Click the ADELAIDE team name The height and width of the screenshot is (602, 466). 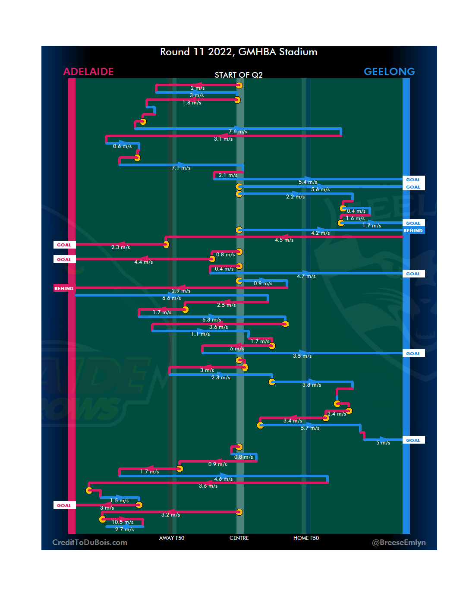pyautogui.click(x=88, y=72)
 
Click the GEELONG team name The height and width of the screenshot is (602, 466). pyautogui.click(x=389, y=72)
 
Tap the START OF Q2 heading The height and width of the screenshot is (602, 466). pyautogui.click(x=239, y=75)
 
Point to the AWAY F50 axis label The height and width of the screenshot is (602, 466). pyautogui.click(x=172, y=538)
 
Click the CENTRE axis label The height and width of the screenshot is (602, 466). pyautogui.click(x=239, y=538)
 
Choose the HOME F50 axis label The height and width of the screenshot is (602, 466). pyautogui.click(x=306, y=538)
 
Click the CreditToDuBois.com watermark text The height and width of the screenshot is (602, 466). pyautogui.click(x=90, y=542)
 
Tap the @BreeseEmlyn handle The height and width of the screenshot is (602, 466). pyautogui.click(x=399, y=542)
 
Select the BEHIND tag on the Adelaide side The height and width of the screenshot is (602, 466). pyautogui.click(x=64, y=288)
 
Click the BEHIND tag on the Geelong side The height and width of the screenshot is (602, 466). pyautogui.click(x=413, y=231)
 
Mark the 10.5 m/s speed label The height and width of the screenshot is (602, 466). pyautogui.click(x=123, y=522)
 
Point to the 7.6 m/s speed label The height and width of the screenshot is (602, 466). pyautogui.click(x=238, y=132)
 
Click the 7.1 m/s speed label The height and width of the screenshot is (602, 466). pyautogui.click(x=181, y=168)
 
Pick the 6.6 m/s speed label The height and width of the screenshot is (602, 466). pyautogui.click(x=171, y=298)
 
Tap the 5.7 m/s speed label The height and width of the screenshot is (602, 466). pyautogui.click(x=310, y=428)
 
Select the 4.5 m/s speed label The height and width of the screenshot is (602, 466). pyautogui.click(x=284, y=240)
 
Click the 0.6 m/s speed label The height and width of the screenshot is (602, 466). pyautogui.click(x=122, y=146)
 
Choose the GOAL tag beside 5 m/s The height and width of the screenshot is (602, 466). pyautogui.click(x=413, y=441)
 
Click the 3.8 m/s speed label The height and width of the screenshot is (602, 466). pyautogui.click(x=312, y=385)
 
